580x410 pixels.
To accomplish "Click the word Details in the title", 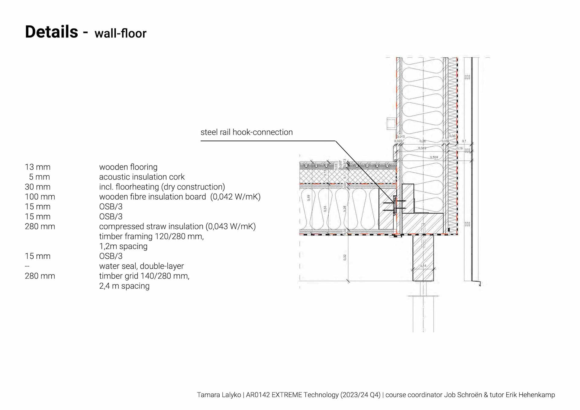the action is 51,32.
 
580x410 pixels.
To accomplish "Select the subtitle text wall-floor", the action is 120,34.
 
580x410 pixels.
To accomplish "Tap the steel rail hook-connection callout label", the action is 246,132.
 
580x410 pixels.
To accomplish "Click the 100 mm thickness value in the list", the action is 40,197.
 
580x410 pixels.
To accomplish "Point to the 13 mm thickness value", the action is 37,167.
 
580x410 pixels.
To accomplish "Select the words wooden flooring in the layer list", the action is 128,167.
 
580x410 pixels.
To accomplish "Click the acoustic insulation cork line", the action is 142,177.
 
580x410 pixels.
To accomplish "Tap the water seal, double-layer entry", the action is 141,266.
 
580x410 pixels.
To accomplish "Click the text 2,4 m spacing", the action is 124,286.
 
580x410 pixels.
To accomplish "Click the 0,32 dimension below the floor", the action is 345,257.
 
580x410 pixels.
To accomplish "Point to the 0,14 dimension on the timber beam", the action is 423,266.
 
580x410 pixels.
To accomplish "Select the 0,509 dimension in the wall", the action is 434,157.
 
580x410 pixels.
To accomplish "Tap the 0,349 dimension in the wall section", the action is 422,148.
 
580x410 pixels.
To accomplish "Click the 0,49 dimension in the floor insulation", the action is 308,198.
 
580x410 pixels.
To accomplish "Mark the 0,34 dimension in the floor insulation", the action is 325,209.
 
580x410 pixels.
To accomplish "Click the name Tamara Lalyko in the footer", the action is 219,395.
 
